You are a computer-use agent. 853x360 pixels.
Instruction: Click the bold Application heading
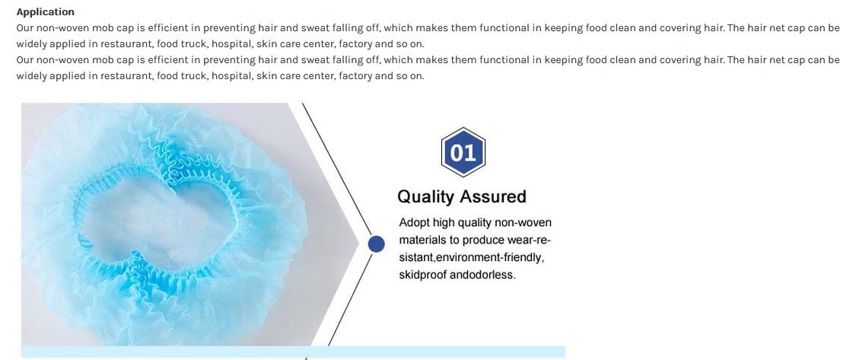click(x=46, y=12)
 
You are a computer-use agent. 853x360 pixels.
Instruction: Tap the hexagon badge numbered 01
click(x=463, y=151)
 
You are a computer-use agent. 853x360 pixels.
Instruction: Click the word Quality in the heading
click(x=427, y=196)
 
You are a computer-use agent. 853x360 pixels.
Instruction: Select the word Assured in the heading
click(x=494, y=196)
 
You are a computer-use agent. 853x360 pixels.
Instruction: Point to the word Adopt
click(x=414, y=223)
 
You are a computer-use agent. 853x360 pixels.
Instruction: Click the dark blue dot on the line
click(x=376, y=244)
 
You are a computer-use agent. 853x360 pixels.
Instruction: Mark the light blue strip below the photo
click(x=293, y=352)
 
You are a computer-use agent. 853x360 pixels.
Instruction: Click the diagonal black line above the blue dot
click(x=337, y=169)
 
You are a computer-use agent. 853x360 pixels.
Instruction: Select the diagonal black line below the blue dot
click(x=350, y=299)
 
